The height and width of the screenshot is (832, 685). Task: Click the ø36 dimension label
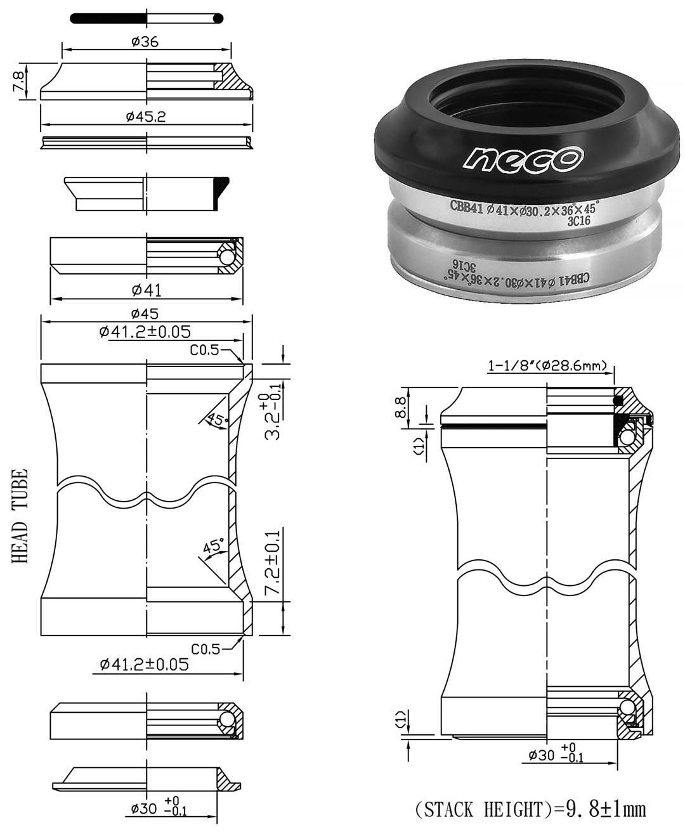click(145, 42)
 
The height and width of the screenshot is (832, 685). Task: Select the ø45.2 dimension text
click(146, 117)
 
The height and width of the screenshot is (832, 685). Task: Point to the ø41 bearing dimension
click(147, 290)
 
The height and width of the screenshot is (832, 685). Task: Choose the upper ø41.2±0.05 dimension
click(145, 331)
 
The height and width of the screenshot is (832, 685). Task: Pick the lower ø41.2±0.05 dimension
click(145, 664)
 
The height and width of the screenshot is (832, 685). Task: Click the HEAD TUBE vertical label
click(20, 517)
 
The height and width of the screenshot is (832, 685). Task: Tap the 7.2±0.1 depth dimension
click(271, 562)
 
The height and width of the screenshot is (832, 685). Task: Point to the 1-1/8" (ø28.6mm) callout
click(548, 366)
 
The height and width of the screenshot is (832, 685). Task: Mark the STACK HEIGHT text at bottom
click(530, 809)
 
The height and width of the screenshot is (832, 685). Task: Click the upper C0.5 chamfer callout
click(205, 350)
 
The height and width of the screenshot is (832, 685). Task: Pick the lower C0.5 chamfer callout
click(205, 649)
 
